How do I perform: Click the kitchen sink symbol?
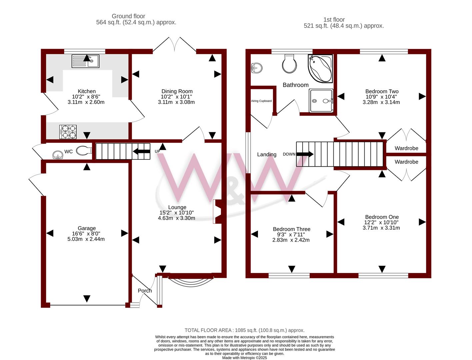point(85,61)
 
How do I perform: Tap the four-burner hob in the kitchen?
point(68,132)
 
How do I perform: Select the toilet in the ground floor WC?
point(84,151)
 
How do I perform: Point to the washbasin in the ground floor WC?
point(58,155)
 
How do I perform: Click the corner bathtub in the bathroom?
point(320,68)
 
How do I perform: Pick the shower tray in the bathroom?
point(321,101)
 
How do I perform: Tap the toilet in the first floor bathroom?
point(289,64)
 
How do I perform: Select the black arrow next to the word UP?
point(141,152)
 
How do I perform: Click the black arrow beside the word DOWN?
point(305,154)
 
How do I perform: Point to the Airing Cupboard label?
point(261,101)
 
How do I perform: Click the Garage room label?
point(87,228)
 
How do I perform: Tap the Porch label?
point(145,291)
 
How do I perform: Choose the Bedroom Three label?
point(291,229)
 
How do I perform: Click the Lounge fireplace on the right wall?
point(218,211)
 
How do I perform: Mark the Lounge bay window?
point(191,280)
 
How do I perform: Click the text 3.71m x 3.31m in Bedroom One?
point(381,228)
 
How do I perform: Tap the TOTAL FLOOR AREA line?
point(244,330)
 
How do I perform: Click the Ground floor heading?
point(128,16)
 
